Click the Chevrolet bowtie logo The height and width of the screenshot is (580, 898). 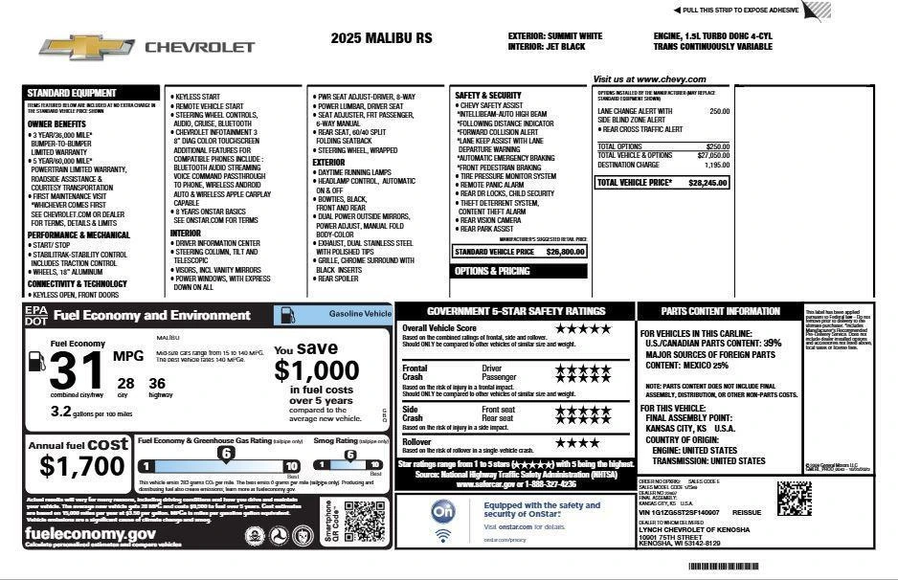(86, 46)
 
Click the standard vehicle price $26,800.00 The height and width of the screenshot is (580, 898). (566, 252)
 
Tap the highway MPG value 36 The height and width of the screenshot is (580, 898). (156, 384)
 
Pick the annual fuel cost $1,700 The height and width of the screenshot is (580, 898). (82, 466)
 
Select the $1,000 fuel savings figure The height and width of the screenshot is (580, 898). (317, 369)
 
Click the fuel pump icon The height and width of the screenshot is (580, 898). (36, 361)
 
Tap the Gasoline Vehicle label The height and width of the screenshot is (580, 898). (359, 313)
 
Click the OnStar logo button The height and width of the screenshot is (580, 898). (442, 512)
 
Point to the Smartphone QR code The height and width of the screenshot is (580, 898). (364, 520)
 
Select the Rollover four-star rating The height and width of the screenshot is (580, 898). (577, 442)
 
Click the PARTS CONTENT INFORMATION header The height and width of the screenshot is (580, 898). (720, 311)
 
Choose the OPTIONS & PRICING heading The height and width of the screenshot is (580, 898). (492, 271)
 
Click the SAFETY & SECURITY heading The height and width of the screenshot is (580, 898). (489, 96)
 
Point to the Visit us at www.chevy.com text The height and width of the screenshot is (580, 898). (649, 79)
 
